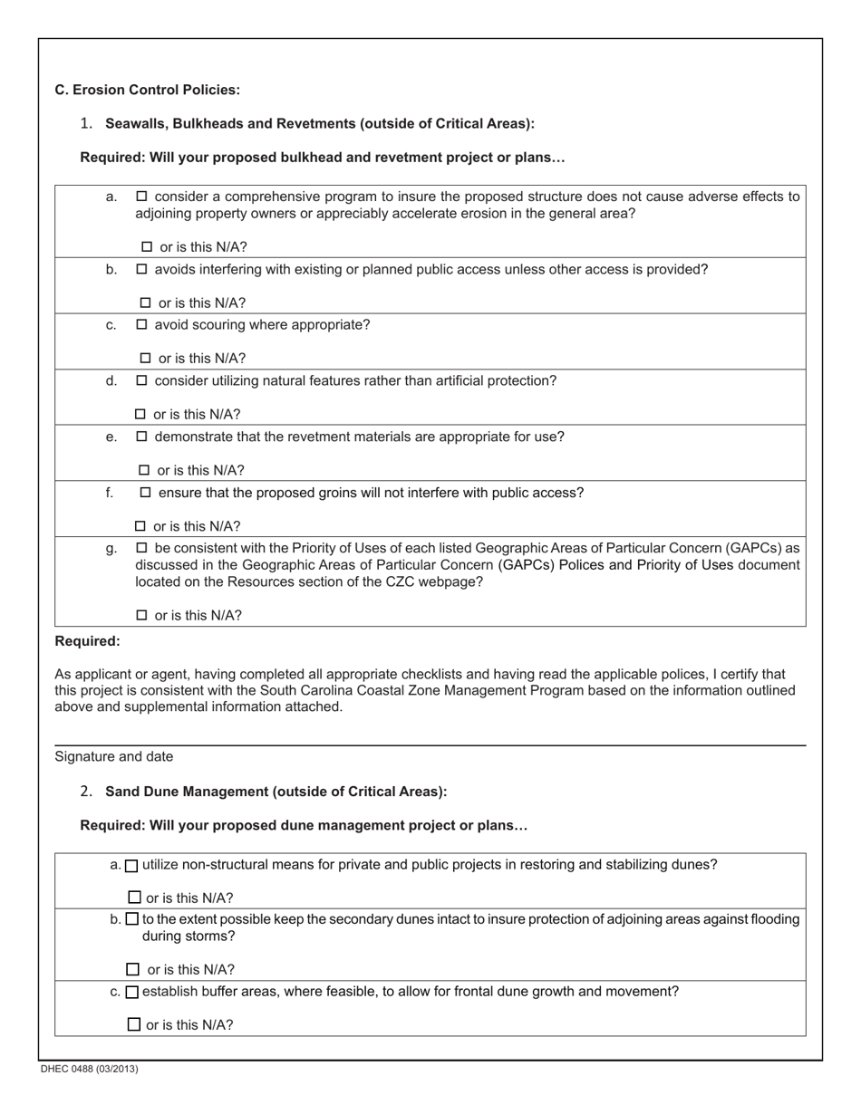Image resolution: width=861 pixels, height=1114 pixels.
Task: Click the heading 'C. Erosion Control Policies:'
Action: (147, 90)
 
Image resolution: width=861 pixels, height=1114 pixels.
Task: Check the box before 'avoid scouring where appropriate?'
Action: (141, 325)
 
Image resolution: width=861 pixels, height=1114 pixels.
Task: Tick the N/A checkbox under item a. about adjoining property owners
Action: (147, 247)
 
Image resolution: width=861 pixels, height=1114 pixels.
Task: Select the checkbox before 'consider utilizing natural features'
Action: (141, 381)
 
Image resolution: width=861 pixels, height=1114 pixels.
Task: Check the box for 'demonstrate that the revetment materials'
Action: (141, 437)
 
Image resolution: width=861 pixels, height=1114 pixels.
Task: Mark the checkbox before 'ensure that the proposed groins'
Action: (145, 494)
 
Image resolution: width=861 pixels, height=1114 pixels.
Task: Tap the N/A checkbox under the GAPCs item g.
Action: (141, 616)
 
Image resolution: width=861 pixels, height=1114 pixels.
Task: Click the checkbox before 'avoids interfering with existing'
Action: (141, 270)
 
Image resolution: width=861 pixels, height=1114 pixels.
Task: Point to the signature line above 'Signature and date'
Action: (430, 744)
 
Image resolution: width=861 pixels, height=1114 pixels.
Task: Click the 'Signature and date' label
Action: (114, 756)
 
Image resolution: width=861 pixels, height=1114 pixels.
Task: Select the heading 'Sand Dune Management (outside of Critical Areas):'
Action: (276, 792)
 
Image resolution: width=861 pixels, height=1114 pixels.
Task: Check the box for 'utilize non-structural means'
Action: (131, 866)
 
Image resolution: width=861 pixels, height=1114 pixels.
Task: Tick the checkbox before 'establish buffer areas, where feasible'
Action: (131, 993)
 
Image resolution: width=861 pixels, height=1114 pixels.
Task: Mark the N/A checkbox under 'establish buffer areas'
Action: (134, 1025)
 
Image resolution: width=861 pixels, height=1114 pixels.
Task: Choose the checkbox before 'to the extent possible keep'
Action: (131, 919)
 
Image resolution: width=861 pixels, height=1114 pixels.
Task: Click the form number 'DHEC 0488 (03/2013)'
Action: (89, 1070)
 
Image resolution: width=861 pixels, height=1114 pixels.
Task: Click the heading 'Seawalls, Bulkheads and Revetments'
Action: (319, 123)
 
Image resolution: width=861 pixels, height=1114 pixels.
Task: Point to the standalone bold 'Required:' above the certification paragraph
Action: (87, 641)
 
